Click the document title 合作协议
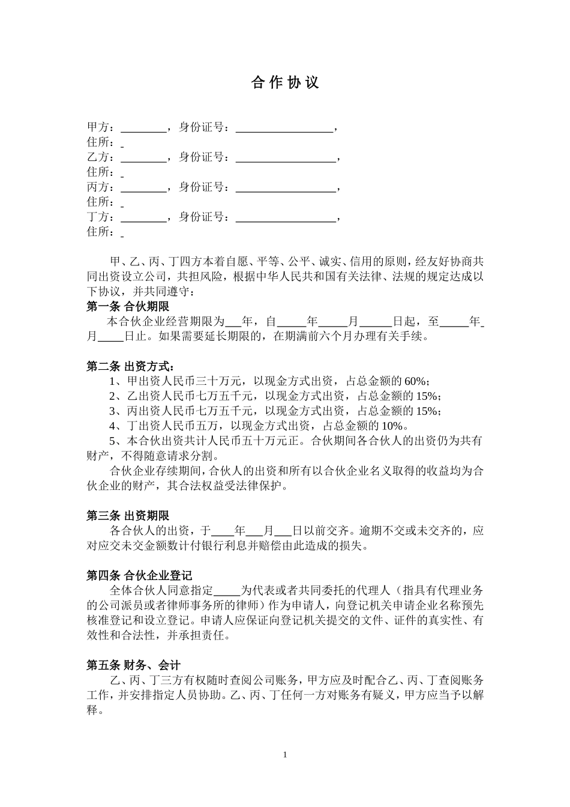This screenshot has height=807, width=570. [x=285, y=83]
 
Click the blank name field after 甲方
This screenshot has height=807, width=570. [x=143, y=128]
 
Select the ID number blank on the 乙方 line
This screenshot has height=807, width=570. [x=285, y=157]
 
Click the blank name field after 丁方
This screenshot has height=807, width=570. [x=143, y=217]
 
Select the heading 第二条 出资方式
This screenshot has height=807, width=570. [x=131, y=366]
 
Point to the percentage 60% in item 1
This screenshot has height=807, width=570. [x=416, y=381]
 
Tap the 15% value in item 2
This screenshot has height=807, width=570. [x=427, y=396]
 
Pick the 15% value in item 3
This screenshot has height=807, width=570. [x=427, y=411]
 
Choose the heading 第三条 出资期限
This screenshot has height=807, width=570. [x=128, y=516]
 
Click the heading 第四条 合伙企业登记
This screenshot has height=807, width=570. [x=139, y=576]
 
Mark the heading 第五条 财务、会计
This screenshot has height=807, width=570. [x=133, y=665]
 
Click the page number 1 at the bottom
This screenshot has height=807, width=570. [x=285, y=755]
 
